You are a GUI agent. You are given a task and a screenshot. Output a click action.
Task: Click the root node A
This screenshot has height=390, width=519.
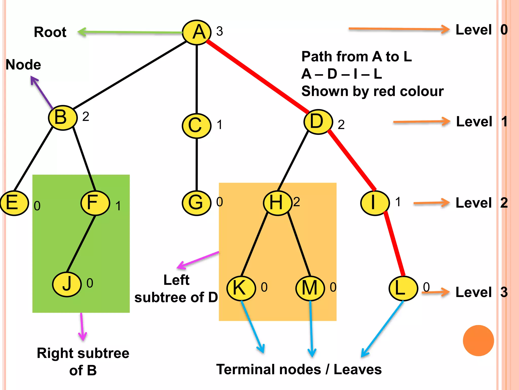click(197, 32)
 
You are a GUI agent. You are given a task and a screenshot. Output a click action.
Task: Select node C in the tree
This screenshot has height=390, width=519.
click(196, 126)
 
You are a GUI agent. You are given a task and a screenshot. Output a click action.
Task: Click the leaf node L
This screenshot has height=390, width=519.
click(403, 288)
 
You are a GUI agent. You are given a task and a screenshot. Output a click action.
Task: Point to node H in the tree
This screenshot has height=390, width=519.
click(277, 203)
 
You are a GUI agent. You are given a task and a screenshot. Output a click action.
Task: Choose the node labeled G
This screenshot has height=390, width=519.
click(196, 203)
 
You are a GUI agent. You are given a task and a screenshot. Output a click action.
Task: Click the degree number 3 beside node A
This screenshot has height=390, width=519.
click(219, 31)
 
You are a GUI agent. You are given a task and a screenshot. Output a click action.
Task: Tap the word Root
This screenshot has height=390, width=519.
click(50, 32)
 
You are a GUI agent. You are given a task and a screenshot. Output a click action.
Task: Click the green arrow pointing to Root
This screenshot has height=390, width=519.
click(129, 32)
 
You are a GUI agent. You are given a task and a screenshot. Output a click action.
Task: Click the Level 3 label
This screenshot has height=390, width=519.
click(481, 292)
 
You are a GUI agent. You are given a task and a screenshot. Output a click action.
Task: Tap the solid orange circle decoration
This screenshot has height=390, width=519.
click(478, 340)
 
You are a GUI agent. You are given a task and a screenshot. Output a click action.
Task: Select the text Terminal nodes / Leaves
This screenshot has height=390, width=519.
click(299, 369)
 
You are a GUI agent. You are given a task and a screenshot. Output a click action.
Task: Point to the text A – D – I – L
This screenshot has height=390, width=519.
click(341, 74)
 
